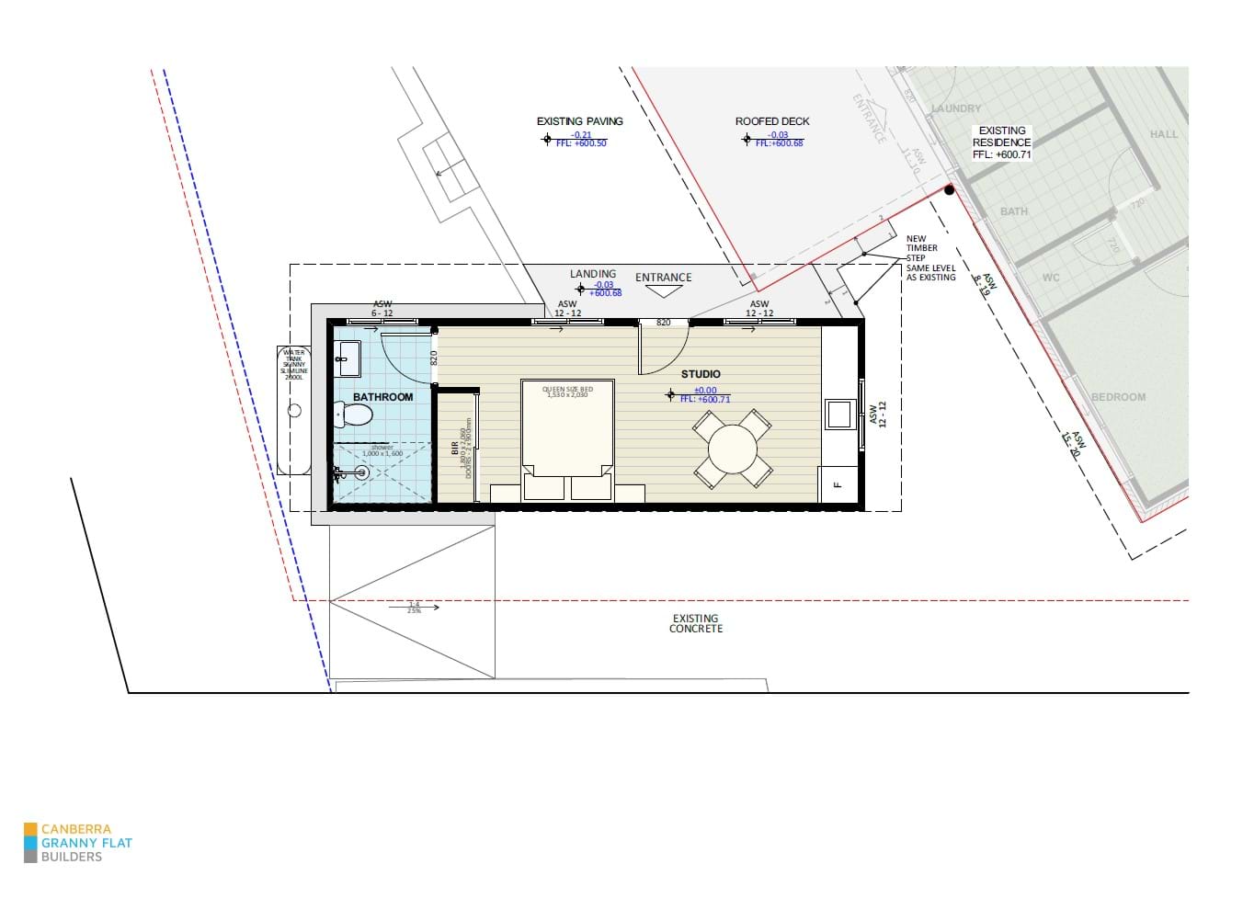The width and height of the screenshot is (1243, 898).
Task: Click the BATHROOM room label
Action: click(x=382, y=397)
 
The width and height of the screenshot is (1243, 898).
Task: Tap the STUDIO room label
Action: click(x=701, y=374)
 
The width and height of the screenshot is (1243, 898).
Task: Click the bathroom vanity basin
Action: click(x=348, y=358)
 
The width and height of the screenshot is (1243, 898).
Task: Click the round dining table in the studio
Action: click(x=733, y=449)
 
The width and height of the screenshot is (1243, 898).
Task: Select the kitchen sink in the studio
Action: click(x=838, y=415)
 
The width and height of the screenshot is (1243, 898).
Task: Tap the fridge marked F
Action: click(x=837, y=484)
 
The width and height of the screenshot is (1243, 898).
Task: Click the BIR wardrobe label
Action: click(x=454, y=448)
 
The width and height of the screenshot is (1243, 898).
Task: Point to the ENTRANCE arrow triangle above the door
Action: click(x=663, y=291)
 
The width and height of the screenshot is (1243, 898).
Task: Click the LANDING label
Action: click(x=593, y=274)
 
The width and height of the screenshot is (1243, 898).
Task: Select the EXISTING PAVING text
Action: click(x=579, y=121)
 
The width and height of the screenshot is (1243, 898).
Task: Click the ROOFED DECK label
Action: click(x=772, y=121)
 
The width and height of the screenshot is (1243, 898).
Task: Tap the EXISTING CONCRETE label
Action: click(x=695, y=624)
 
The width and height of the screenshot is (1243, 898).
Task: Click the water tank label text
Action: click(x=294, y=365)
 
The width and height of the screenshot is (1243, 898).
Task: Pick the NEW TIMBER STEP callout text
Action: click(x=929, y=257)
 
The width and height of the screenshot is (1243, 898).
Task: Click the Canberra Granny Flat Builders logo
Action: click(x=78, y=843)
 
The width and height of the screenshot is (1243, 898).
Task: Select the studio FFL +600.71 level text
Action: click(x=705, y=399)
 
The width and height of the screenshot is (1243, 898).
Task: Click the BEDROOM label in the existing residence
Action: click(x=1118, y=397)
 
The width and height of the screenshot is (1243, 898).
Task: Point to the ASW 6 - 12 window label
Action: click(x=382, y=309)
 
